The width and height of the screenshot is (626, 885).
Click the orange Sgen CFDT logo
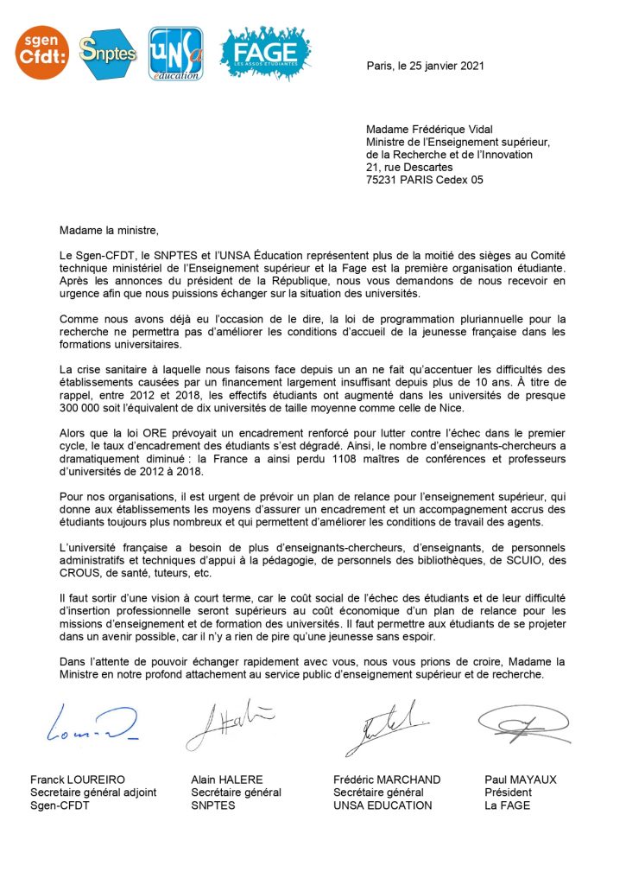(x=42, y=52)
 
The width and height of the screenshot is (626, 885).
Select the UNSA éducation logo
(x=175, y=54)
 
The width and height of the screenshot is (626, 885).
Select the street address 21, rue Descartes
(x=409, y=168)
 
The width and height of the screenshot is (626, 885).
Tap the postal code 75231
(x=383, y=180)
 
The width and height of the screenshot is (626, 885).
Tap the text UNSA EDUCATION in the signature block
(x=383, y=805)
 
